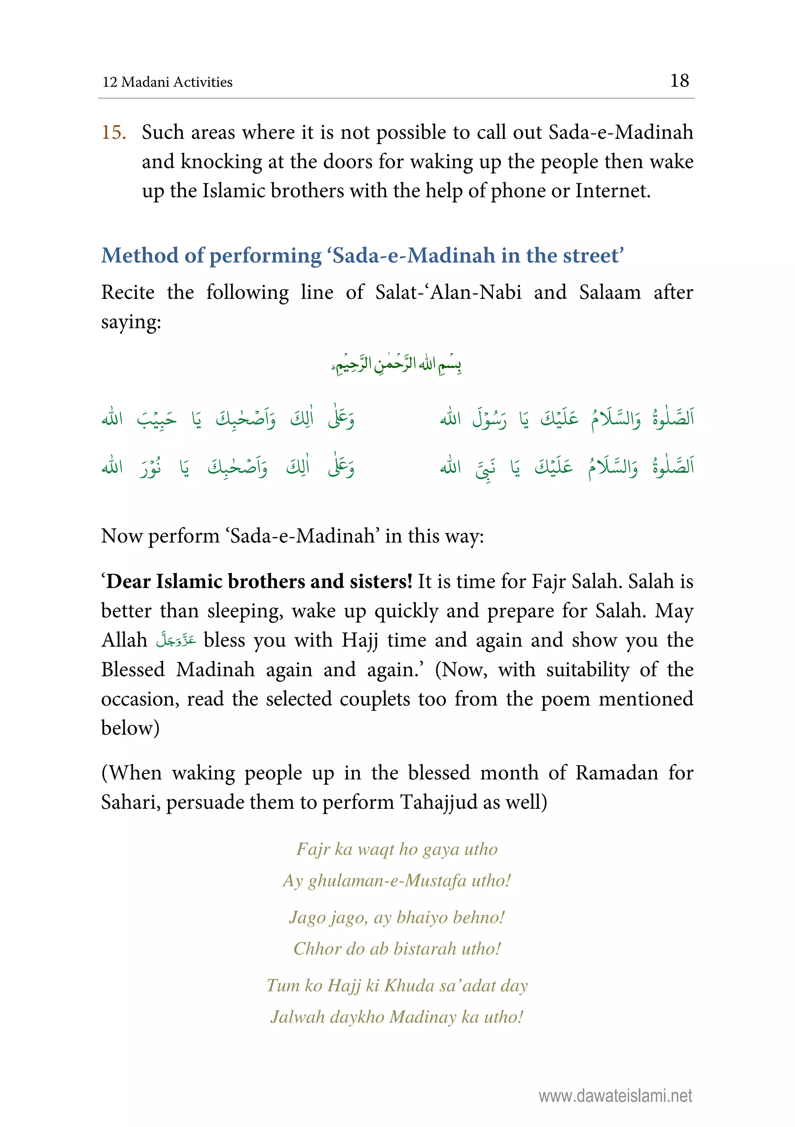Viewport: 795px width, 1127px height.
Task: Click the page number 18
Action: point(679,81)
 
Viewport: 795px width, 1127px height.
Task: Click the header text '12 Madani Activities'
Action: point(167,82)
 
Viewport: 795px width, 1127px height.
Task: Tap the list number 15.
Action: point(114,132)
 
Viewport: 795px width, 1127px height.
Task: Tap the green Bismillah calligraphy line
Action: point(396,365)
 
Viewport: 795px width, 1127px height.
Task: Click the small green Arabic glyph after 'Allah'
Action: point(175,641)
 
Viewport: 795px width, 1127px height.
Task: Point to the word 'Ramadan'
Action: point(616,773)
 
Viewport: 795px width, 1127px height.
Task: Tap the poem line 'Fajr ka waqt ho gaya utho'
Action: point(397,849)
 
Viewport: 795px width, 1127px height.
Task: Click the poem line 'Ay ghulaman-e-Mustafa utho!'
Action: point(397,881)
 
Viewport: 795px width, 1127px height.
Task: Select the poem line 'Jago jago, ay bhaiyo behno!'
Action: point(397,917)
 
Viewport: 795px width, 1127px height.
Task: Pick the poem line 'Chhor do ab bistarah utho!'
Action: point(397,949)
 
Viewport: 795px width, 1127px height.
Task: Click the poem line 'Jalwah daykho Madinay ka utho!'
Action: point(397,1017)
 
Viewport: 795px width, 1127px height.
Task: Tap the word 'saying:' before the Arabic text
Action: point(131,322)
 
